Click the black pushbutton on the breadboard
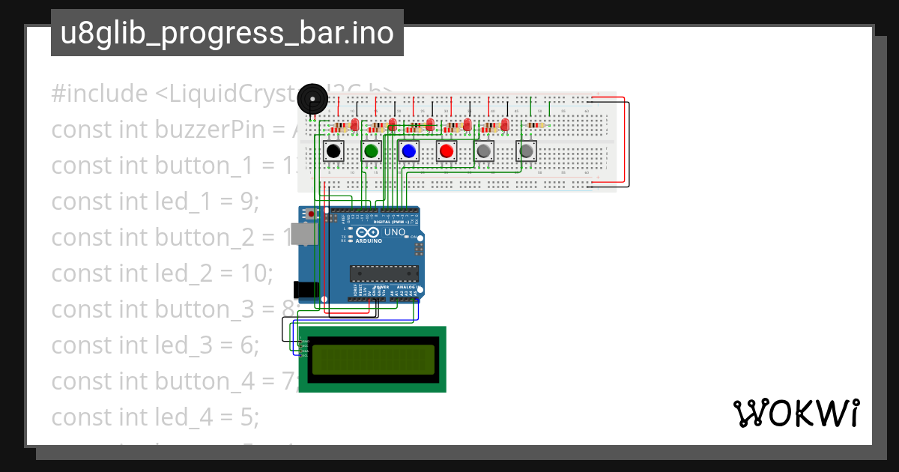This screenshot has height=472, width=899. pos(333,152)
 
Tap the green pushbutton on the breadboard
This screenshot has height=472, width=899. pos(371,152)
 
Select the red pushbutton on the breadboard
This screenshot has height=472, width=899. pos(447,152)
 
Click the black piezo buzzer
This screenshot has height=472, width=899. pos(312,100)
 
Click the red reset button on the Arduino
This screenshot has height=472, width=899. pos(312,214)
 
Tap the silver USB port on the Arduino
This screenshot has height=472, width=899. pos(302,235)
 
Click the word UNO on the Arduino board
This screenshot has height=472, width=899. pos(395,233)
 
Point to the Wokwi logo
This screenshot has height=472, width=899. pos(796,413)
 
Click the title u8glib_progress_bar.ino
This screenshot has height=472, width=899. pos(227,34)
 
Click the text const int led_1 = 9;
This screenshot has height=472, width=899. pos(155,202)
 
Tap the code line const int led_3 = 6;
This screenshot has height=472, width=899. pos(155,345)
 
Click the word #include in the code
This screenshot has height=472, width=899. pos(100,94)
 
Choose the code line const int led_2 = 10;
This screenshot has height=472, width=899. pos(162,273)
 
